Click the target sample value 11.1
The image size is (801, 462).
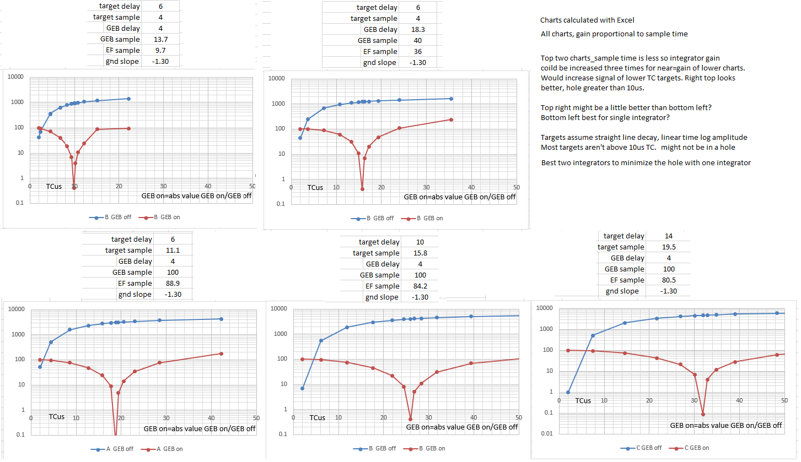coord(173,250)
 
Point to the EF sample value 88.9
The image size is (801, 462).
coord(173,283)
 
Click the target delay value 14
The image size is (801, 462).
coord(669,236)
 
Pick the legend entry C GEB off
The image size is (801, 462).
coord(638,448)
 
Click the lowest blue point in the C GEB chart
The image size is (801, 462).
coord(568,392)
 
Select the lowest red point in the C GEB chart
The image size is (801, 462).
coord(703,414)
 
